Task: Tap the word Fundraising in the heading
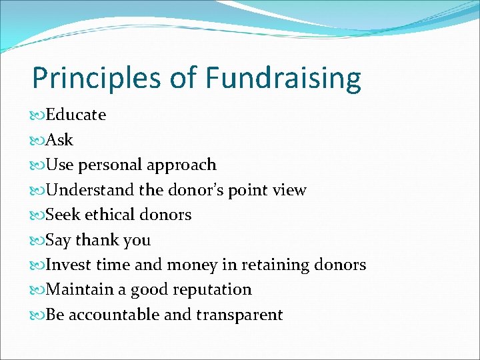(283, 79)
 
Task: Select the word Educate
(76, 115)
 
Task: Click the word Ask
(59, 140)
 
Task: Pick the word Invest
(69, 265)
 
